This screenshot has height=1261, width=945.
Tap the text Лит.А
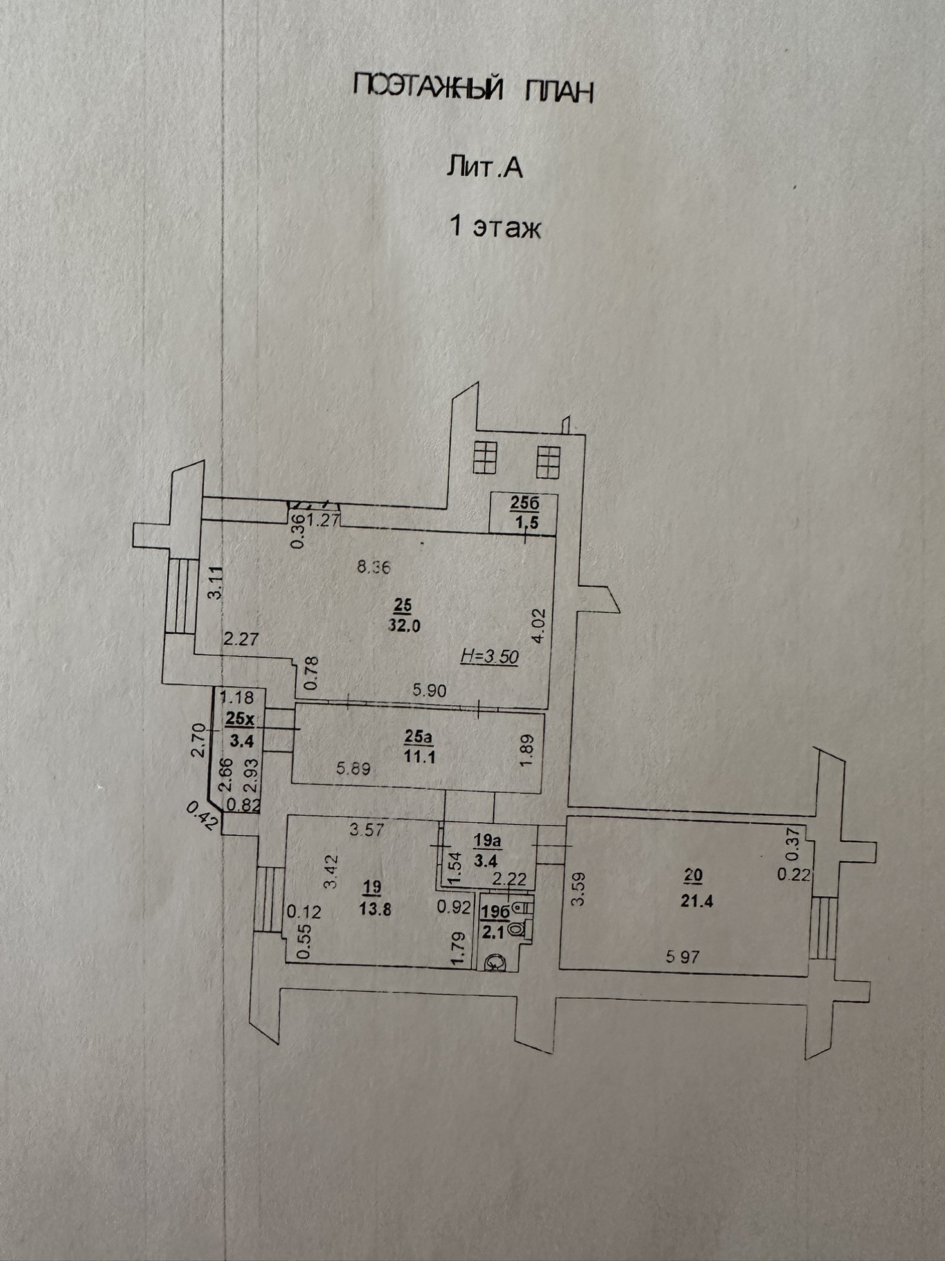click(x=483, y=167)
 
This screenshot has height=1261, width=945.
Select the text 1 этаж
click(x=494, y=227)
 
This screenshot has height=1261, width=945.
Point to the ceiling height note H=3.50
click(x=490, y=656)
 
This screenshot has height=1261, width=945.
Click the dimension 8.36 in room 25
click(x=373, y=567)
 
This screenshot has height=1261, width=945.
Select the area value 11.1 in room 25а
click(x=419, y=757)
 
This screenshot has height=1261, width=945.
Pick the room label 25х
click(x=240, y=719)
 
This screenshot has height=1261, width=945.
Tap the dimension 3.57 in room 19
click(x=366, y=830)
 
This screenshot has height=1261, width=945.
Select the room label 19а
click(x=487, y=840)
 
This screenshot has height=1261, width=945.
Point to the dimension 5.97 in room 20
click(x=682, y=957)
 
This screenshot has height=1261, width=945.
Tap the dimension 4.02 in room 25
click(x=539, y=625)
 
